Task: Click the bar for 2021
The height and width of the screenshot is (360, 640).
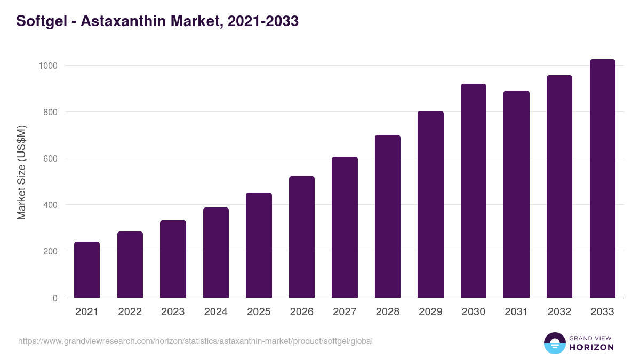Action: (87, 269)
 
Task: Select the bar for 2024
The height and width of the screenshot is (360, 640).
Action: (215, 252)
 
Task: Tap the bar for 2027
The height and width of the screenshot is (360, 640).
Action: (345, 227)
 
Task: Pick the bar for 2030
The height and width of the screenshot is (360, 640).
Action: (474, 190)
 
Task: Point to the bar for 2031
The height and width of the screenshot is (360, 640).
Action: (516, 194)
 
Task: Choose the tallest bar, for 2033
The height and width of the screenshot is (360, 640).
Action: (602, 179)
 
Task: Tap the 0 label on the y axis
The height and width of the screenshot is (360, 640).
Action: (55, 298)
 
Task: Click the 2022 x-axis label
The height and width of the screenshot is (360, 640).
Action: (130, 312)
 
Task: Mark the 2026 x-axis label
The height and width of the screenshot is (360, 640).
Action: (302, 312)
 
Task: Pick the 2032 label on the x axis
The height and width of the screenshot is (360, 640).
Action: (559, 312)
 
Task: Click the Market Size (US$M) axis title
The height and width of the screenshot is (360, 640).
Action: (21, 172)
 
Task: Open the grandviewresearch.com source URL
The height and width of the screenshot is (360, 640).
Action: (195, 341)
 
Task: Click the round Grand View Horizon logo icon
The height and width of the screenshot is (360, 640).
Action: (554, 343)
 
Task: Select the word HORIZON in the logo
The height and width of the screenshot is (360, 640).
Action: (591, 347)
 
